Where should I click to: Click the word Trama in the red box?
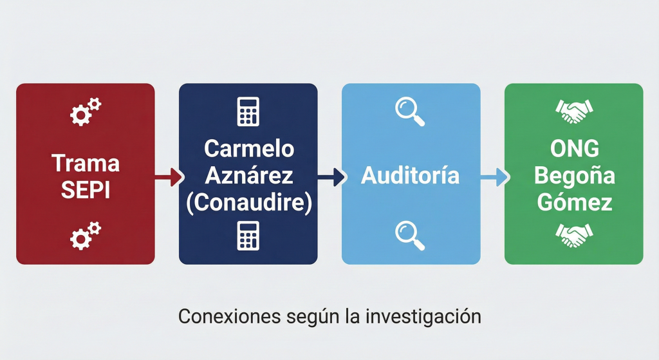pos(86,163)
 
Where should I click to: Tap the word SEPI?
pos(86,190)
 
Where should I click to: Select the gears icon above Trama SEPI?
pos(85,111)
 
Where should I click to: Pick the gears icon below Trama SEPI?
pos(85,236)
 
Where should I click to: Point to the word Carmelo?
pos(248,149)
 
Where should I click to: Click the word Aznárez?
pos(248,175)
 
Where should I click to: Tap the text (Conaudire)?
pos(248,202)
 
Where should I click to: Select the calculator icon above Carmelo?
pos(248,111)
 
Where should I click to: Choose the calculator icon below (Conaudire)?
pos(248,236)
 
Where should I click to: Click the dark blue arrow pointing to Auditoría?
pos(330,176)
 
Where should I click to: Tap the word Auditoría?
pos(411,175)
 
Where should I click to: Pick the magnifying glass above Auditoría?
pos(410,111)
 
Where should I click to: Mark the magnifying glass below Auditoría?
pos(410,236)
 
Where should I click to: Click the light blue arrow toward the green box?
pos(493,176)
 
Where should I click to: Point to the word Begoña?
pos(574,176)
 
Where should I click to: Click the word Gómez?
pos(574,202)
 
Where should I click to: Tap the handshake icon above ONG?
pos(573,112)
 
